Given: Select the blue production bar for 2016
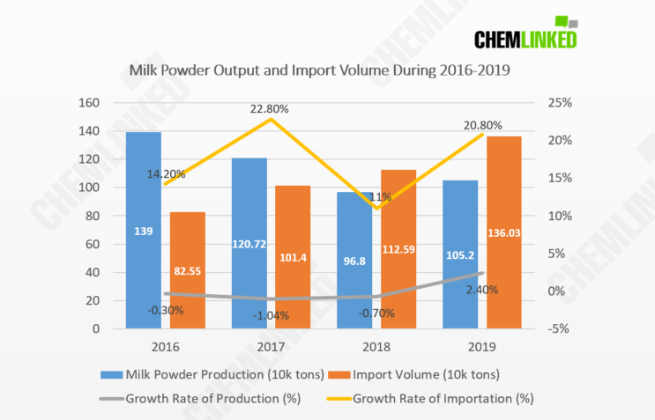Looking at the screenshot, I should [143, 230].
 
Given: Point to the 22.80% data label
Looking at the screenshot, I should [269, 108].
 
